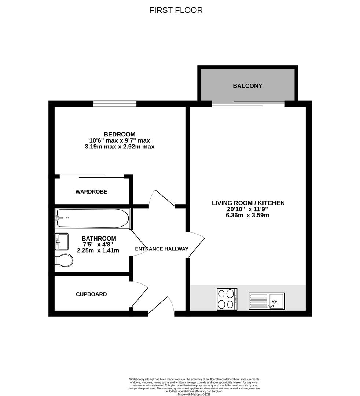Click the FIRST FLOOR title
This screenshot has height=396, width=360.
176,10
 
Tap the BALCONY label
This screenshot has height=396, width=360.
247,86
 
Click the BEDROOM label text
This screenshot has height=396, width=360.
119,134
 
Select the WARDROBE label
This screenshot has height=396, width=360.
91,191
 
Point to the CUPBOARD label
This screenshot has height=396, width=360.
91,294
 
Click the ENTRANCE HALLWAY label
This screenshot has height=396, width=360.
162,249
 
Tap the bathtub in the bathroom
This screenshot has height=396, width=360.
92,218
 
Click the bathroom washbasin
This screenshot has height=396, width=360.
62,241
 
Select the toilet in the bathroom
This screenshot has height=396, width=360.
64,260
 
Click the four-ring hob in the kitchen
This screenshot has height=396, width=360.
227,299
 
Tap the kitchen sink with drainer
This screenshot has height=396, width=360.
267,301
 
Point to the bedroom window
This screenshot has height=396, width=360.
115,104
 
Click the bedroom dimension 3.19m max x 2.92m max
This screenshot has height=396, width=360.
119,147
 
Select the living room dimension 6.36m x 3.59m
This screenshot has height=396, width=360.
248,215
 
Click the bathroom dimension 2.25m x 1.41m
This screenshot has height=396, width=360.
98,250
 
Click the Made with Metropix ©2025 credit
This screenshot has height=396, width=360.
194,394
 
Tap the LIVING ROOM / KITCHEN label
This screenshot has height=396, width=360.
248,203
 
